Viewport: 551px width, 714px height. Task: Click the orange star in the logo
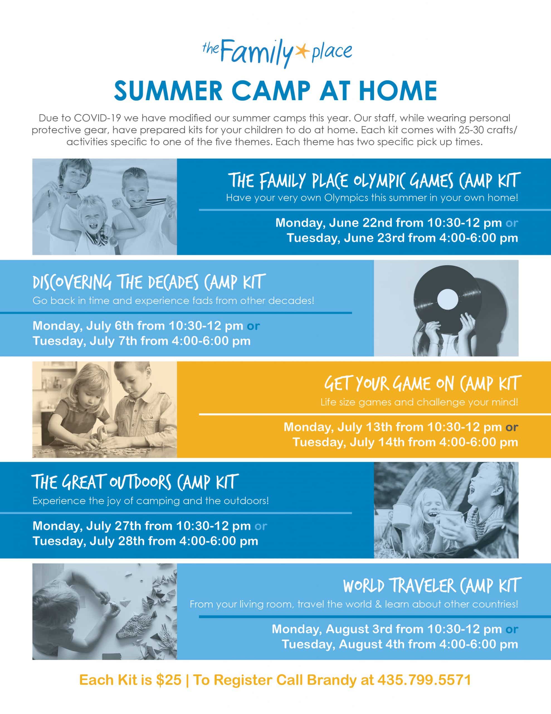coord(301,51)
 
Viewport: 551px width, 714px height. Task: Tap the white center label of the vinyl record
coord(447,299)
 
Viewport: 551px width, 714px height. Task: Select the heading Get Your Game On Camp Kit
coord(421,383)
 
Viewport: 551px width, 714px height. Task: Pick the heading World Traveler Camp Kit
coord(430,585)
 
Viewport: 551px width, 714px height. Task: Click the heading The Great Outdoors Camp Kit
coord(135,482)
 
